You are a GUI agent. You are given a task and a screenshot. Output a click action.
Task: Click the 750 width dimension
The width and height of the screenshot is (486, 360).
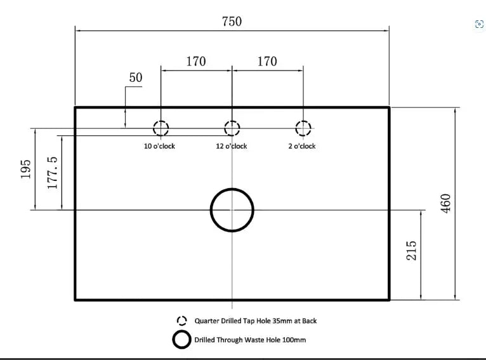(232, 21)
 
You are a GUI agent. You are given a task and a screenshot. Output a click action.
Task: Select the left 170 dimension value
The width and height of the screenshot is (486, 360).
(196, 62)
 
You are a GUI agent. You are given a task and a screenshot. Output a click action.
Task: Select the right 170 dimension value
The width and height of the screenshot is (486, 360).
(267, 62)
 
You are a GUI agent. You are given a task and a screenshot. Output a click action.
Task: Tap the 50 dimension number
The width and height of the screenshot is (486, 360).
(136, 78)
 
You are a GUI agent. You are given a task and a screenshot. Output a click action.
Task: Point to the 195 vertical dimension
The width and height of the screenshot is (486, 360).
(26, 169)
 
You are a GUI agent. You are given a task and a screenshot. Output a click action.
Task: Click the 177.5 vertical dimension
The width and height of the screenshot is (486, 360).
(53, 173)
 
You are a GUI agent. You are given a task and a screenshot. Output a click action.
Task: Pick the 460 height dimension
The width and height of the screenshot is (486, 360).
(446, 203)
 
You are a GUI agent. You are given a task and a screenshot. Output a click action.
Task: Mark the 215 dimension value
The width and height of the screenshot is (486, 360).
(412, 253)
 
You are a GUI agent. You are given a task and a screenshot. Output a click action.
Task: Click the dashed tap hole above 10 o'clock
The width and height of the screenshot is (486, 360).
(161, 128)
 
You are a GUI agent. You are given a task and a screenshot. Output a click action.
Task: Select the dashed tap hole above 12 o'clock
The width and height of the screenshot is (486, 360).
(232, 128)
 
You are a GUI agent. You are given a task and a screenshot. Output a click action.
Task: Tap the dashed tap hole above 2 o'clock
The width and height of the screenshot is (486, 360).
(303, 128)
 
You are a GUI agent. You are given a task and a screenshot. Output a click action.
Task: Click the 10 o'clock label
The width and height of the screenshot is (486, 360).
(159, 146)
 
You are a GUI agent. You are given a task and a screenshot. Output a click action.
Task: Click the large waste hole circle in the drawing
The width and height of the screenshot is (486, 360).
(232, 210)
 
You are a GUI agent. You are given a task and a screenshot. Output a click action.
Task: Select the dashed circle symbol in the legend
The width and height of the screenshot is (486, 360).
(182, 321)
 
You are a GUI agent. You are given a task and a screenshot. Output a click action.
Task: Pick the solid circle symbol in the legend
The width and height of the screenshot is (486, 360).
(182, 340)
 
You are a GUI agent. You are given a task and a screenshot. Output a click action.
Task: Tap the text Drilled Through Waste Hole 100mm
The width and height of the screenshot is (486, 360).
(250, 340)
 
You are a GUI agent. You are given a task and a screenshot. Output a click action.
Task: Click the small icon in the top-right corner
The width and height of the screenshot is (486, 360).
(479, 24)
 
